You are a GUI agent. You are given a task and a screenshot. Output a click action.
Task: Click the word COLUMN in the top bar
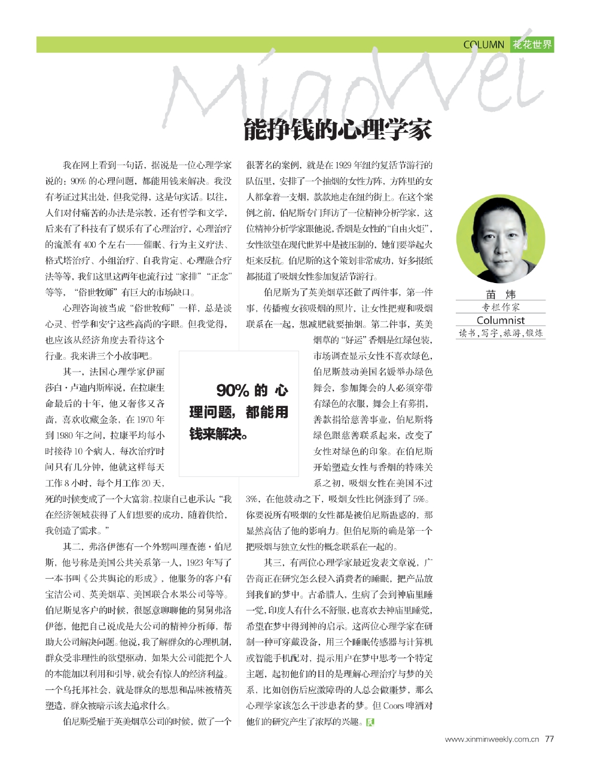pyautogui.click(x=483, y=45)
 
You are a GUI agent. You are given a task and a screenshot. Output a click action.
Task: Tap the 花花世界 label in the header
pyautogui.click(x=532, y=45)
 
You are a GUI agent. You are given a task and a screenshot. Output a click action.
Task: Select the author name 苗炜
pyautogui.click(x=501, y=294)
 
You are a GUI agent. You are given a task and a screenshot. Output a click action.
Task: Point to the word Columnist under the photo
pyautogui.click(x=501, y=320)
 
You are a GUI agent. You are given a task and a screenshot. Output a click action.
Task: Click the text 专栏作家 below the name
pyautogui.click(x=501, y=307)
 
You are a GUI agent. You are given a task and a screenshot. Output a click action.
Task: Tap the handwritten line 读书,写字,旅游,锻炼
pyautogui.click(x=501, y=333)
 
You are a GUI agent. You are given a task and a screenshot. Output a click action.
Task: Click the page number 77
pyautogui.click(x=549, y=739)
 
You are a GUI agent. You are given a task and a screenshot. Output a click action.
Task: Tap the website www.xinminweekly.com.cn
pyautogui.click(x=492, y=739)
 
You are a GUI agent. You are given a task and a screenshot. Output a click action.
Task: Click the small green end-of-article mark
pyautogui.click(x=370, y=722)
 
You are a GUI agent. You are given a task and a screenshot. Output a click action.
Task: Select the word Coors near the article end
pyautogui.click(x=393, y=706)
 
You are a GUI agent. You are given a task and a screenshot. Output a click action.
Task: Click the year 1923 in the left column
pyautogui.click(x=196, y=563)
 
